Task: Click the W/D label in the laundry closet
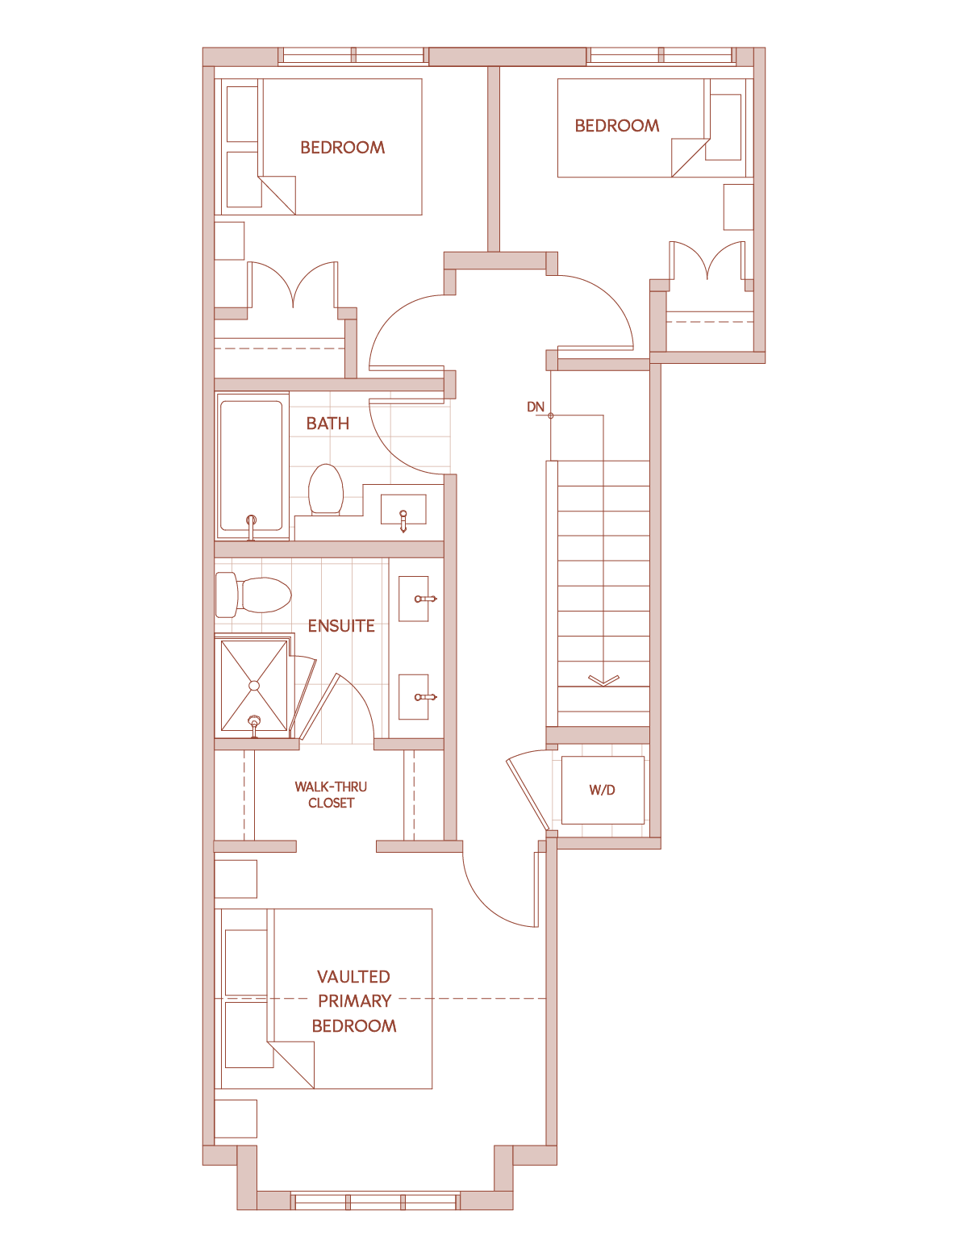(x=602, y=790)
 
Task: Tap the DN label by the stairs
(x=536, y=407)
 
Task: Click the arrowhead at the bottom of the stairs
(x=603, y=681)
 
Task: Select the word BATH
(x=328, y=424)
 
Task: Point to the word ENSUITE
(x=341, y=626)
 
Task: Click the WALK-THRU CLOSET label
(x=331, y=795)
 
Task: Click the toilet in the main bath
(x=326, y=490)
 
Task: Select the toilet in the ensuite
(x=253, y=595)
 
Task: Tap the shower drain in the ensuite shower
(x=254, y=686)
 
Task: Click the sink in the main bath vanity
(x=403, y=509)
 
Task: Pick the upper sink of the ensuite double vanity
(x=414, y=599)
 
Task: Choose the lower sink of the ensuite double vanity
(x=414, y=697)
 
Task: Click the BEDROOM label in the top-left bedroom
(x=342, y=148)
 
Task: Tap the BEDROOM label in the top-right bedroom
(x=617, y=126)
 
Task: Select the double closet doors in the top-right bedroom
(x=707, y=261)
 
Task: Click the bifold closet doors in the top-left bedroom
(x=293, y=285)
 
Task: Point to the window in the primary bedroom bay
(x=375, y=1201)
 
